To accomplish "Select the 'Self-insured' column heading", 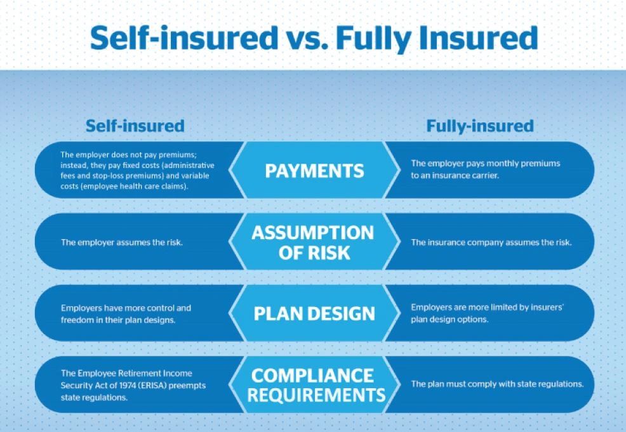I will (x=135, y=126).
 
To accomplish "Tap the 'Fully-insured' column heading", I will (x=479, y=126).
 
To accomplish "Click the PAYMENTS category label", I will (x=314, y=171).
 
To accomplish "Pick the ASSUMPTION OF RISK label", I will (x=312, y=242).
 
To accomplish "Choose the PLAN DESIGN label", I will (x=314, y=313).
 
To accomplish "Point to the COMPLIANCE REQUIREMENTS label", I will (x=316, y=385).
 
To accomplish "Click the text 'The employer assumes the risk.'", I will (x=122, y=242).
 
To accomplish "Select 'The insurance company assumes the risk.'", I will (x=491, y=242).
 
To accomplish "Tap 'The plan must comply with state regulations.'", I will (x=497, y=384).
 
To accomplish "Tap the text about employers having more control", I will (x=126, y=313).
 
